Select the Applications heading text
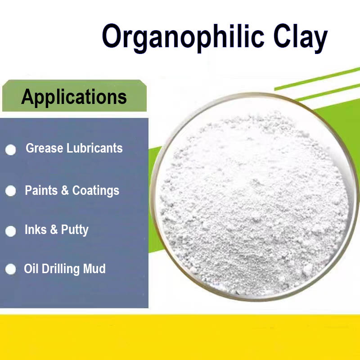74,97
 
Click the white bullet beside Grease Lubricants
11,150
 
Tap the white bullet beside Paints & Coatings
11,191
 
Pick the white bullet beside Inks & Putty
11,231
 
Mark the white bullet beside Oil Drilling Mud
11,270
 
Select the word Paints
41,190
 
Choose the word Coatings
96,190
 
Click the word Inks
35,229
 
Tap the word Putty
75,230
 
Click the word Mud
94,269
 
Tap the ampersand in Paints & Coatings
65,190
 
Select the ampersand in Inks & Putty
54,229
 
